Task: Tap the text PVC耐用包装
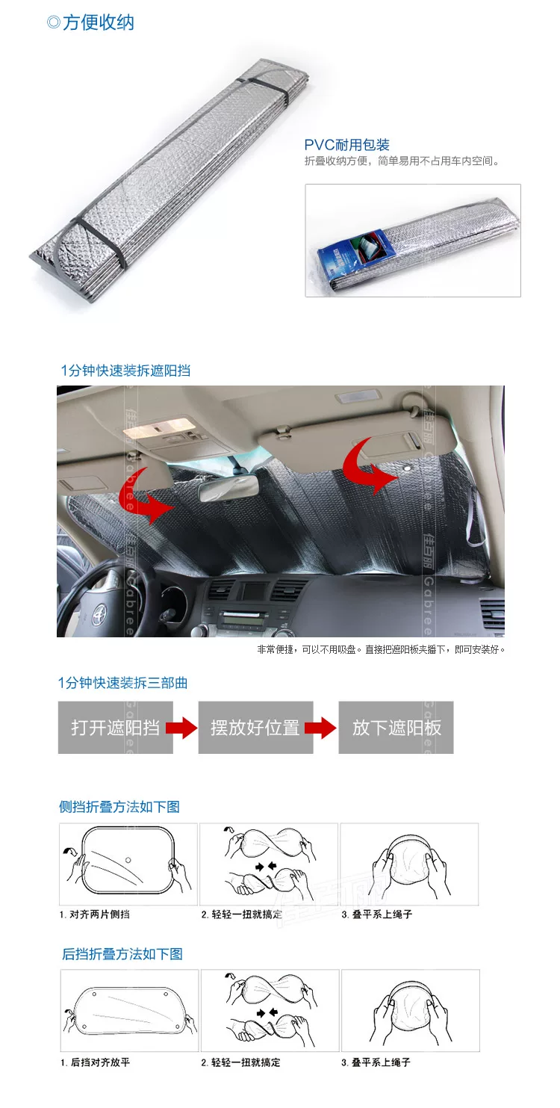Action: [x=346, y=145]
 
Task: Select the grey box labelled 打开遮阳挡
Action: [x=115, y=727]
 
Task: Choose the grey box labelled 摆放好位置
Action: [x=255, y=727]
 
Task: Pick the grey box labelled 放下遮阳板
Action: [x=396, y=727]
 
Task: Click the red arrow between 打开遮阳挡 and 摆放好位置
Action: [x=181, y=728]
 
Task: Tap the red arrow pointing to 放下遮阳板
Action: [x=321, y=728]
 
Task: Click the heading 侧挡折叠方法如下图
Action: [x=119, y=807]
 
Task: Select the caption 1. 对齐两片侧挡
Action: [x=94, y=914]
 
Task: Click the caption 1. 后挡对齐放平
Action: [x=96, y=1062]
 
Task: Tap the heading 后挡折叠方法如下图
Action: [x=122, y=953]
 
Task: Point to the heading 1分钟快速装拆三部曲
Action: [x=122, y=683]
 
